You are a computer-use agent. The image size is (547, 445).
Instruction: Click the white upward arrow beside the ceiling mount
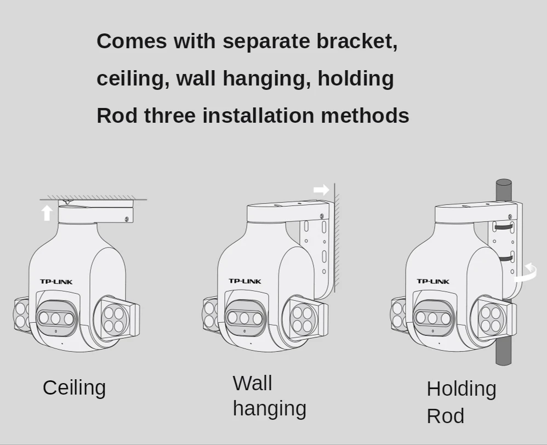[x=47, y=213]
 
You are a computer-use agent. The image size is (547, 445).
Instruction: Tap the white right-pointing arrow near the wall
[x=321, y=190]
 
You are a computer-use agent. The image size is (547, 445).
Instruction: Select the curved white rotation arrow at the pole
[x=527, y=272]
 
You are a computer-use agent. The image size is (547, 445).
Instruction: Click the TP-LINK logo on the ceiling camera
[x=56, y=282]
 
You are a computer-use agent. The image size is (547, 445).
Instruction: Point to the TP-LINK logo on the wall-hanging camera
[x=245, y=281]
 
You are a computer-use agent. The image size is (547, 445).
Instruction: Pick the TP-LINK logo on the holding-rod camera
[x=433, y=281]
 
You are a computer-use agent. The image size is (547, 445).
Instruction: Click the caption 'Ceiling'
[x=74, y=387]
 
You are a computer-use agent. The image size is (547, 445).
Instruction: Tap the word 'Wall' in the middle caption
[x=252, y=383]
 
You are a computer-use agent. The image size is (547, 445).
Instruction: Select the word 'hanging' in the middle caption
[x=269, y=408]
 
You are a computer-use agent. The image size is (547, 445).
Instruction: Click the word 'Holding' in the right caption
[x=461, y=389]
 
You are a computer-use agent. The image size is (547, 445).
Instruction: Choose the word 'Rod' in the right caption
[x=445, y=416]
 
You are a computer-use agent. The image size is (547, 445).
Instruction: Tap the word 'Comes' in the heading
[x=132, y=41]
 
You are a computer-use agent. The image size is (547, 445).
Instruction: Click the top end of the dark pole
[x=504, y=183]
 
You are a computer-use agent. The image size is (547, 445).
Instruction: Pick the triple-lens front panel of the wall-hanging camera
[x=244, y=318]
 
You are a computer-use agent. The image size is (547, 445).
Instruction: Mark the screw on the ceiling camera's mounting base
[x=127, y=219]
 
